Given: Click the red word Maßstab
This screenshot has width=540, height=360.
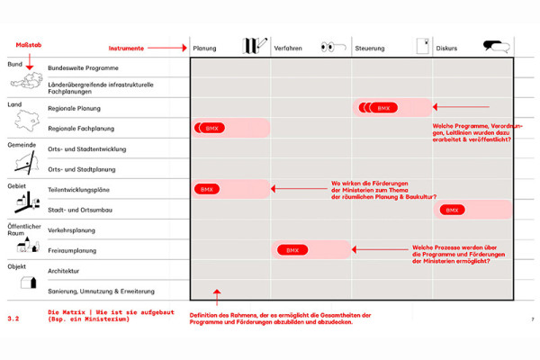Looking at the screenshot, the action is (x=29, y=45).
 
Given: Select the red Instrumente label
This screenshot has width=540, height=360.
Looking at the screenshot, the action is (x=126, y=49).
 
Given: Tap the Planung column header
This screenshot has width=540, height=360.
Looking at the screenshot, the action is (x=204, y=49).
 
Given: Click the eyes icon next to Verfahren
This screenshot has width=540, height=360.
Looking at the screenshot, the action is (x=333, y=47).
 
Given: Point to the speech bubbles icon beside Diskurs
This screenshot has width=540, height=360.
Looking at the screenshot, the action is (x=496, y=47).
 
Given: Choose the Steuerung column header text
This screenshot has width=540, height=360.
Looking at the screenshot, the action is (x=370, y=49).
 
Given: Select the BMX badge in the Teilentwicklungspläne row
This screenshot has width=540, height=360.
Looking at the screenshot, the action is (x=207, y=189).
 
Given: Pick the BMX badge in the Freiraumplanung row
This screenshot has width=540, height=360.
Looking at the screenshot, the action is (x=292, y=250).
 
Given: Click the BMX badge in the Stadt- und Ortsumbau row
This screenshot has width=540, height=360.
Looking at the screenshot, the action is (x=452, y=210).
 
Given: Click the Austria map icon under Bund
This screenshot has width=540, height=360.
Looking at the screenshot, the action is (x=26, y=81).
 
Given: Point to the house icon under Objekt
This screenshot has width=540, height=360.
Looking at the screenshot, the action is (x=28, y=282).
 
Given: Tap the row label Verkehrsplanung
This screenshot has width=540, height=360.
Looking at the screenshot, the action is (x=71, y=230).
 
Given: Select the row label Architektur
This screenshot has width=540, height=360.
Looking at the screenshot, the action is (x=63, y=271).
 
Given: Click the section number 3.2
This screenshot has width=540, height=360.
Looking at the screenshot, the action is (x=13, y=319).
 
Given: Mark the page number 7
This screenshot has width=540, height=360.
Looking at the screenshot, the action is (x=533, y=319).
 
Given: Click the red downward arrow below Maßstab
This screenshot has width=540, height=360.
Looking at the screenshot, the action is (x=30, y=62).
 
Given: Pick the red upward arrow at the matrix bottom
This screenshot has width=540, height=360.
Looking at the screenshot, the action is (x=217, y=297).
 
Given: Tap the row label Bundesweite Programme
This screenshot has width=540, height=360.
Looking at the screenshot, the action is (x=83, y=67).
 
